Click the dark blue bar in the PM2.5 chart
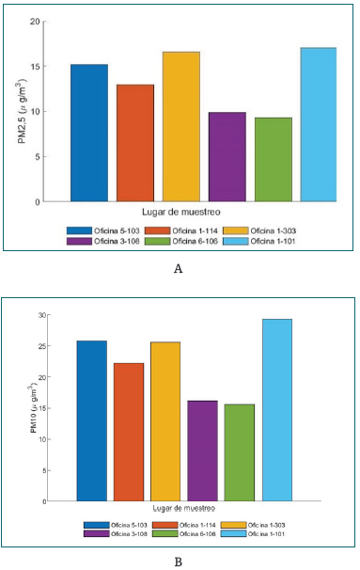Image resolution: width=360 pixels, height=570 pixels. point(88,133)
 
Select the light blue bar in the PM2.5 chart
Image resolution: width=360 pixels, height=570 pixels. point(318,124)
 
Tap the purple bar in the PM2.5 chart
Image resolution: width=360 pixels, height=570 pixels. point(227,156)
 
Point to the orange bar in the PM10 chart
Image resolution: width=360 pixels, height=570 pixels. point(129,432)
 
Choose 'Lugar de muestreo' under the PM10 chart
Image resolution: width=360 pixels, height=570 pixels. point(184,508)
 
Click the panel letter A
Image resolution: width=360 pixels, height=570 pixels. point(179,269)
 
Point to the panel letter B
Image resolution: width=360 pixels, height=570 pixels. point(179,562)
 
